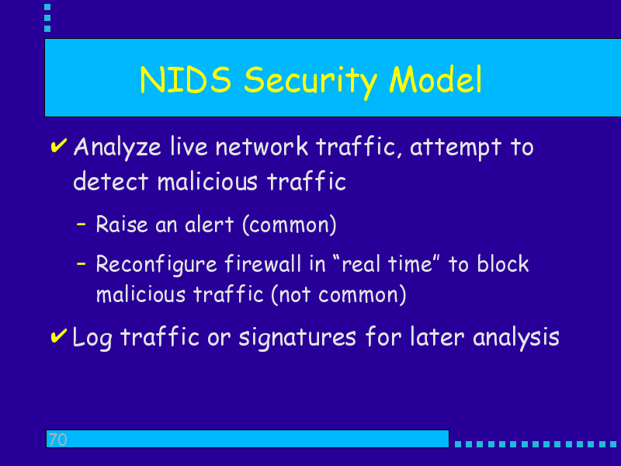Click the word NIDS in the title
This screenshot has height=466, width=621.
(x=186, y=80)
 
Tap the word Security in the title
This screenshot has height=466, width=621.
(x=310, y=82)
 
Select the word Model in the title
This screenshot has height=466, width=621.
(x=435, y=79)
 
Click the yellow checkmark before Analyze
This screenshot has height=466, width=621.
(x=59, y=145)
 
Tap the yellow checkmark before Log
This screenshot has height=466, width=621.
(x=59, y=336)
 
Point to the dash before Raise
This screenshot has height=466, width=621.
(x=82, y=224)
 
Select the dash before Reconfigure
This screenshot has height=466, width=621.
(x=82, y=263)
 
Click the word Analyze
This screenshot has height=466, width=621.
(x=117, y=148)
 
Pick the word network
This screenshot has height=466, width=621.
(x=262, y=146)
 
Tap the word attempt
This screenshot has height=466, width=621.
(x=456, y=148)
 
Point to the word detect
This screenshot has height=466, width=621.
(x=111, y=182)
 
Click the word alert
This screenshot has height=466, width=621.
(x=209, y=224)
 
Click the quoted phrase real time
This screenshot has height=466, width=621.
(x=387, y=263)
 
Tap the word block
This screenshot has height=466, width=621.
(x=503, y=263)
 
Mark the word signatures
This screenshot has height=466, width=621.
(x=297, y=339)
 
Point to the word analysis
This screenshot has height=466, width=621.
(x=516, y=339)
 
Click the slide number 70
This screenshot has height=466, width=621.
(x=57, y=440)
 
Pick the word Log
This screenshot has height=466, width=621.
(x=92, y=339)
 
